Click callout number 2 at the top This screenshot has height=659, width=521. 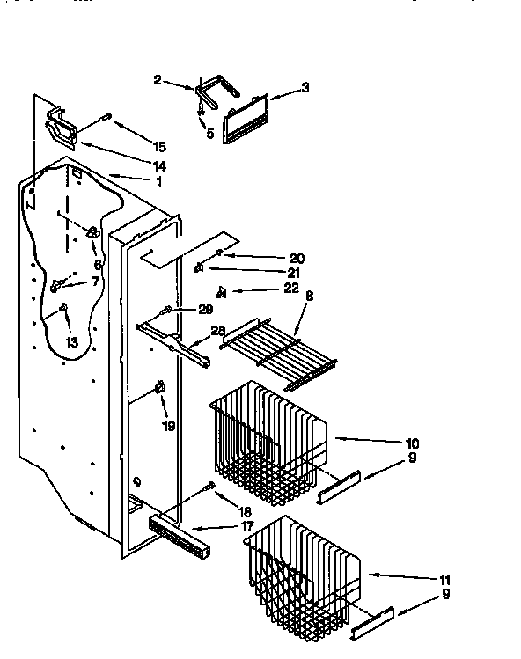158,81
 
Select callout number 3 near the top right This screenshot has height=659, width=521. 305,87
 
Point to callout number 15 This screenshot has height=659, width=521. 158,146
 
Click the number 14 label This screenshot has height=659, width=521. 159,166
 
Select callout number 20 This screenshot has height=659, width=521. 296,258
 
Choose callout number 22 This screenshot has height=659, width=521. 292,288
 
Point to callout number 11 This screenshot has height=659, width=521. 445,580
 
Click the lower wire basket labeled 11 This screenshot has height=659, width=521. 303,572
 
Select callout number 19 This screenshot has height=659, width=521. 168,426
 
